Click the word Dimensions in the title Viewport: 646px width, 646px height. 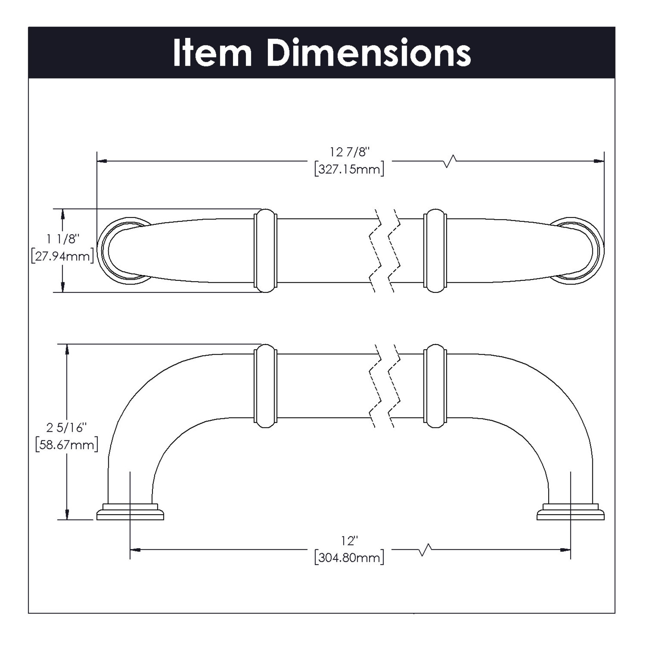(369, 53)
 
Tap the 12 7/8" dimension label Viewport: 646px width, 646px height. (349, 152)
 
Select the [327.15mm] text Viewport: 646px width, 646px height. (349, 169)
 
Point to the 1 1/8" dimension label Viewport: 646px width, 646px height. (63, 239)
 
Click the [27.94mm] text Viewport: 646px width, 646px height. (63, 257)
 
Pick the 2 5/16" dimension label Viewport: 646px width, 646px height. (66, 428)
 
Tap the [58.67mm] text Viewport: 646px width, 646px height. (66, 445)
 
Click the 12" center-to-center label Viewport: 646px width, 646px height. (349, 541)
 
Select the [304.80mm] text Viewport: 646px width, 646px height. (349, 558)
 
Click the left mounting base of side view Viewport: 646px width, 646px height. (130, 513)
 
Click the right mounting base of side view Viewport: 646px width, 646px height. (571, 513)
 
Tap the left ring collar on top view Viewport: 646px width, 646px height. (266, 251)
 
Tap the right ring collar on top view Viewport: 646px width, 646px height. (435, 251)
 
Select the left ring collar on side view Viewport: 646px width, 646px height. (266, 386)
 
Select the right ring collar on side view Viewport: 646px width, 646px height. (435, 386)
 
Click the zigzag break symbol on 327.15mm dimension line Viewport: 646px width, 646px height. (450, 161)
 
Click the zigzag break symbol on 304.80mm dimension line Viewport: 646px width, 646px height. (424, 550)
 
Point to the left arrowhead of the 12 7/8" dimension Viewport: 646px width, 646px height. (102, 161)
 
